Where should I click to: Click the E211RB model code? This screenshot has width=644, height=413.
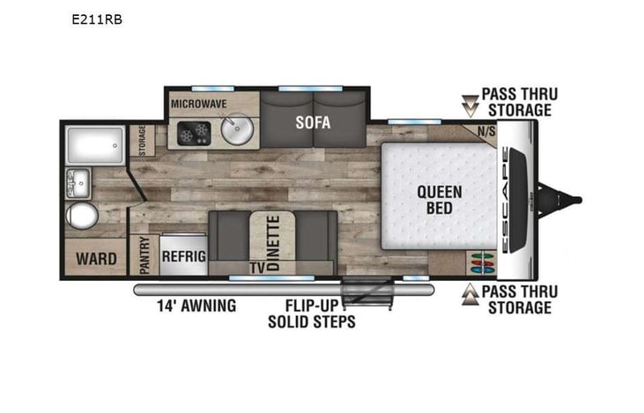(x=97, y=19)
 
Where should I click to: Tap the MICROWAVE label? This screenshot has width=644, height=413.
(x=199, y=104)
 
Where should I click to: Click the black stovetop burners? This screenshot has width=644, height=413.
(x=195, y=133)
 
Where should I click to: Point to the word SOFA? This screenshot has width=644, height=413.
(x=313, y=122)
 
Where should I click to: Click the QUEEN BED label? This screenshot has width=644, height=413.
(x=440, y=200)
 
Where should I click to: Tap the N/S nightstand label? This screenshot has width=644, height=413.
(x=486, y=131)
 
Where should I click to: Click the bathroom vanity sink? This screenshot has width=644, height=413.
(x=78, y=182)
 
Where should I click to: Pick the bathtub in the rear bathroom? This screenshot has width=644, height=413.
(x=95, y=145)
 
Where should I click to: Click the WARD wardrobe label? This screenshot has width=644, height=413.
(x=97, y=259)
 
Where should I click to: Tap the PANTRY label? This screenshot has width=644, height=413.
(x=144, y=255)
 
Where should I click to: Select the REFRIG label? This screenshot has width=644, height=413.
(x=184, y=256)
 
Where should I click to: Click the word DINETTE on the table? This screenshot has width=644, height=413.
(x=273, y=243)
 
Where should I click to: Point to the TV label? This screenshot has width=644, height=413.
(x=257, y=268)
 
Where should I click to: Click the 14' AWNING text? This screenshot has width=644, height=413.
(x=196, y=306)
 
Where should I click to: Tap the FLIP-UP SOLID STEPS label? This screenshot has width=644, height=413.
(x=312, y=313)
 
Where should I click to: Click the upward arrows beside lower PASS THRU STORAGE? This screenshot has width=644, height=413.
(x=470, y=294)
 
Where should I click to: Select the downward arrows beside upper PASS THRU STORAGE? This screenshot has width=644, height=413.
(x=470, y=106)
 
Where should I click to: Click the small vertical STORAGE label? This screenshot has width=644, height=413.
(x=143, y=140)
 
